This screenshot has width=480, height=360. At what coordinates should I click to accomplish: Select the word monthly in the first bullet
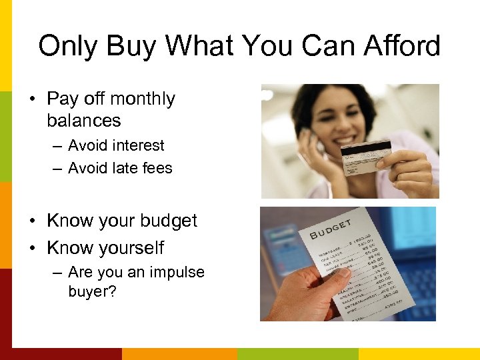(144, 99)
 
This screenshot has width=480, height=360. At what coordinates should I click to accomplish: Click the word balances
(84, 121)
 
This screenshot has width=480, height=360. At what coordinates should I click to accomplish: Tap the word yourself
(127, 248)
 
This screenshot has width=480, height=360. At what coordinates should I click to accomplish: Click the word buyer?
(92, 292)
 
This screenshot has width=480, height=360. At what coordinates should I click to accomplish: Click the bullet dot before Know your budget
(33, 221)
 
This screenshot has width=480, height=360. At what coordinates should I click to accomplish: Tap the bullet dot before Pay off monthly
(33, 99)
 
